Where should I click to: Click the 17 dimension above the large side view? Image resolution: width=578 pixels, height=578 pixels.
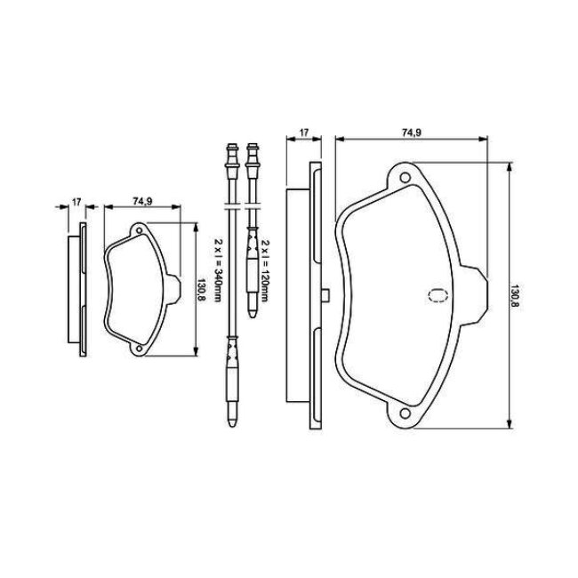coord(304,132)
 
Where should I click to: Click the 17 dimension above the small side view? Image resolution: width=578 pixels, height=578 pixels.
coord(76,202)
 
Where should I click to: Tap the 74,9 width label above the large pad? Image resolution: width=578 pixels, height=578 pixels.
coord(411,132)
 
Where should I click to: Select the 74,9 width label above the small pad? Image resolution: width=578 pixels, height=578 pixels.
coord(142,201)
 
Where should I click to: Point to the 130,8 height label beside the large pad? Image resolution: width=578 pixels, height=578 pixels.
coord(515,295)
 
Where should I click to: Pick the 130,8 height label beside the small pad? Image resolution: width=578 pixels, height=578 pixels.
coord(201,289)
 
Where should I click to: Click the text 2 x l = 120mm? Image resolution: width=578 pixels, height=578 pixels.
coord(264,270)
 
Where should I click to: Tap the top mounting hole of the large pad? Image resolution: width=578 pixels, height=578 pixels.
coord(405,178)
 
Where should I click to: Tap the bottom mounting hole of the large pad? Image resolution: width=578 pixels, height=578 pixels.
coord(405,413)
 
